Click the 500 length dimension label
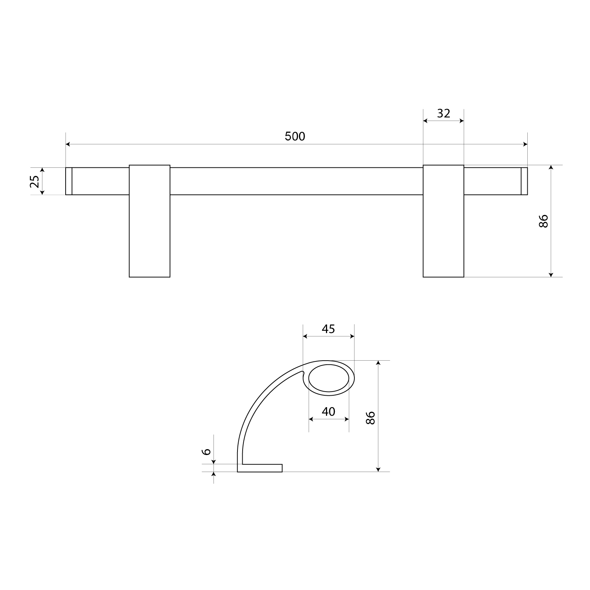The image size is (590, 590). (x=295, y=136)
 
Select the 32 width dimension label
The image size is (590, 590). (x=444, y=113)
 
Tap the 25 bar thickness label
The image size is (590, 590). (x=34, y=181)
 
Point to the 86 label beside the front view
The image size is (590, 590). (x=544, y=221)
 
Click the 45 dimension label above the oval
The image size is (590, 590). (x=328, y=329)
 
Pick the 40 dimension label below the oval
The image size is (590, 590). (x=328, y=411)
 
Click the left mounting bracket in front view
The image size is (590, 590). (x=150, y=221)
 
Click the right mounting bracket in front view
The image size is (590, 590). (x=443, y=221)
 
